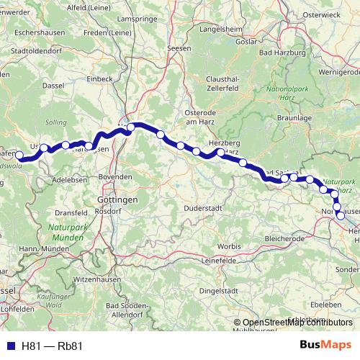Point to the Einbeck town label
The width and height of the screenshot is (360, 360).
(x=98, y=77)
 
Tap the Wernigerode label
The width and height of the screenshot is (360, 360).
(x=339, y=73)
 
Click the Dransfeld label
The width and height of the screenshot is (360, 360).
(x=71, y=213)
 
